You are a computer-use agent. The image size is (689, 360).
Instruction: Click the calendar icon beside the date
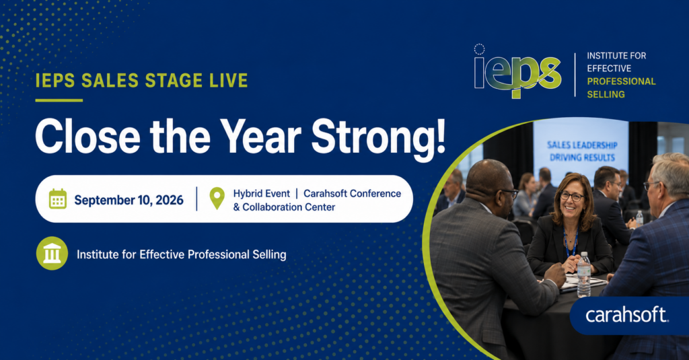click(x=58, y=199)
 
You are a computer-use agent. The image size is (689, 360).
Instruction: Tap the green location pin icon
click(x=217, y=199)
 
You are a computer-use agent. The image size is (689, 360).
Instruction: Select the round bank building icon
click(x=52, y=253)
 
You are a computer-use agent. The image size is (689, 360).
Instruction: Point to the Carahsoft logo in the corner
click(x=626, y=315)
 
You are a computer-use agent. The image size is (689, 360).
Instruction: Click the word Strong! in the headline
click(x=378, y=137)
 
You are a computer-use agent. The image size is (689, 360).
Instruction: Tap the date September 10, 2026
click(x=129, y=201)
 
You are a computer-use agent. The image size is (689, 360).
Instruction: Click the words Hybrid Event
click(x=262, y=193)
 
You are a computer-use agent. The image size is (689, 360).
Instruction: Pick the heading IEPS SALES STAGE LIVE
click(x=141, y=81)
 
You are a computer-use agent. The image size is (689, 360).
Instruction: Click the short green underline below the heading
click(x=59, y=100)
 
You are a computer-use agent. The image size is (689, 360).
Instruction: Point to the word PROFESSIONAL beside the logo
click(x=621, y=81)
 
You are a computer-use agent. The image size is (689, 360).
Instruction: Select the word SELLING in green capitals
click(x=606, y=94)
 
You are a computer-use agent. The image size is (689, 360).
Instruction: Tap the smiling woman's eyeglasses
click(x=571, y=196)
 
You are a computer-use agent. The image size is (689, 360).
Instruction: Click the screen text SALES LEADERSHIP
click(x=582, y=145)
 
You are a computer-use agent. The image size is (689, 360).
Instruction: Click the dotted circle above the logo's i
click(x=479, y=49)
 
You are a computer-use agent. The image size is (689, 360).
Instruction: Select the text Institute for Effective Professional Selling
click(x=182, y=254)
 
